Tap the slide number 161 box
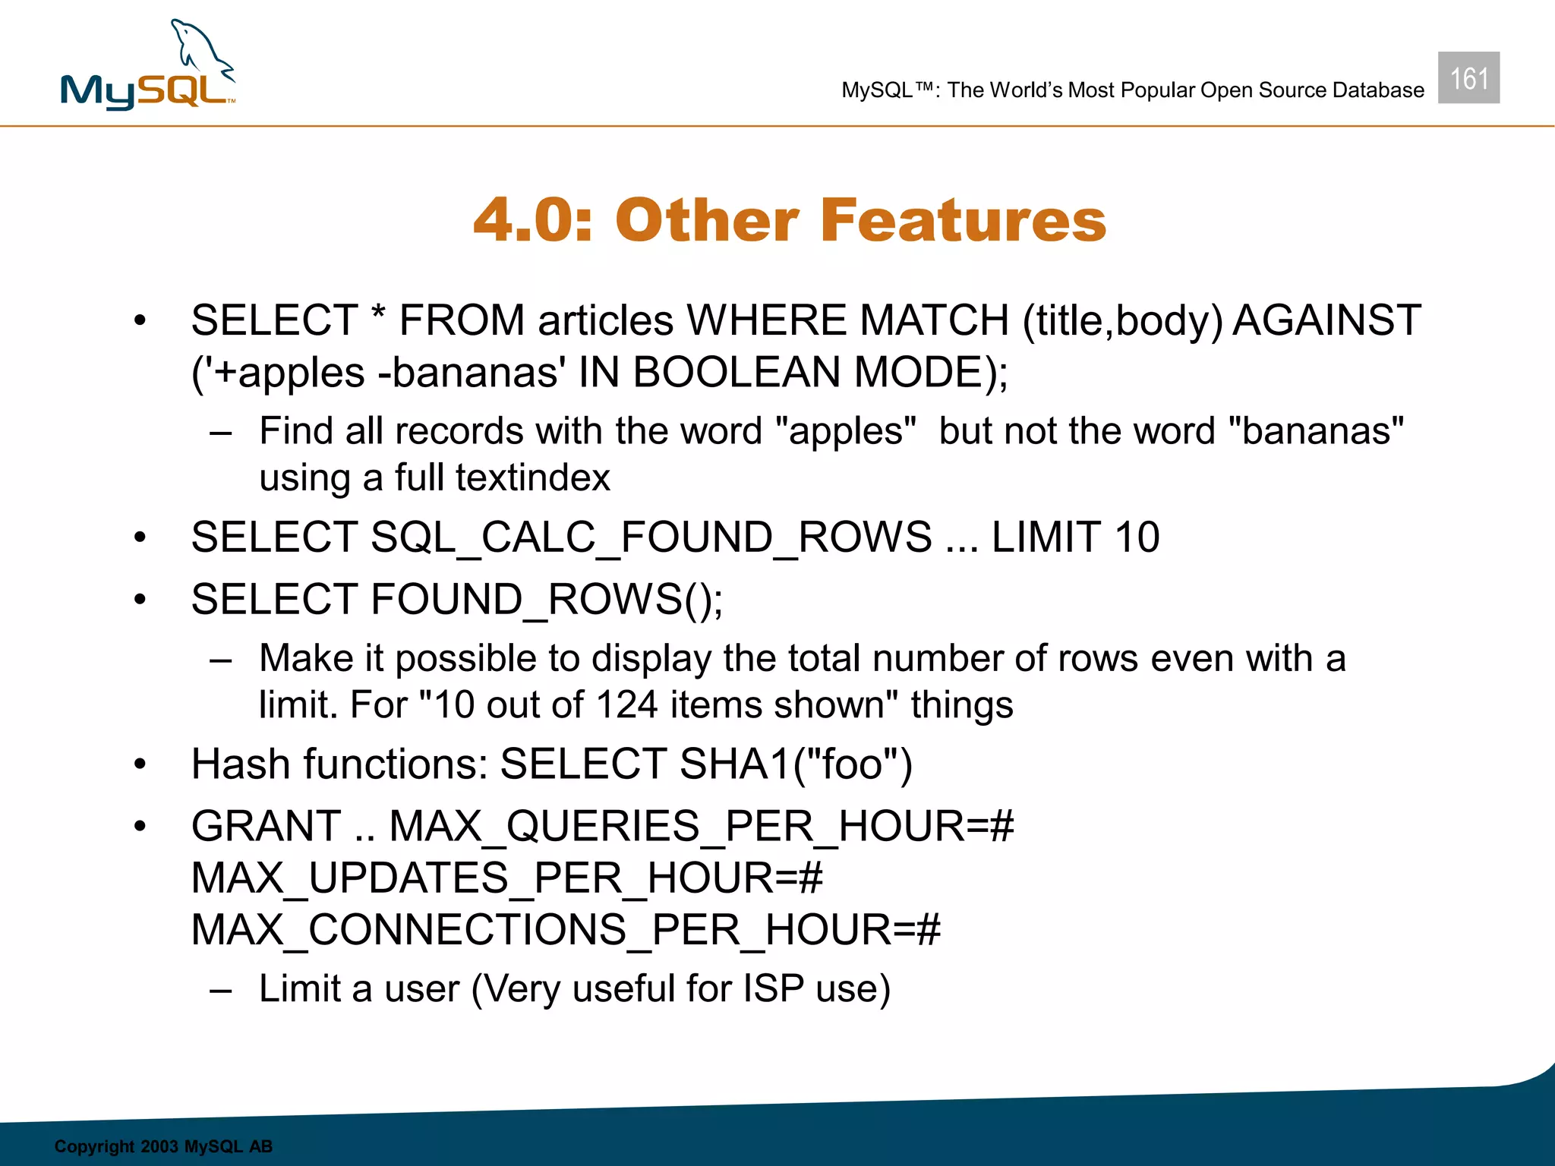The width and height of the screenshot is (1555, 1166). (1468, 78)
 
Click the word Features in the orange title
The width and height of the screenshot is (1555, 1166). (963, 220)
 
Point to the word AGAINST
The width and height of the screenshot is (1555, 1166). (1326, 320)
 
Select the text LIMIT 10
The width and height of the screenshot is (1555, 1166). (1075, 537)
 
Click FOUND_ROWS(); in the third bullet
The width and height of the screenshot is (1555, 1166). (547, 600)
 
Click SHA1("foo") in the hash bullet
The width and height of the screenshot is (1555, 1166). (796, 764)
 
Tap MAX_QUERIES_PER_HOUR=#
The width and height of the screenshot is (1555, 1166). (701, 826)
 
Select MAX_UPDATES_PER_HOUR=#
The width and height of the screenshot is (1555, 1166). (506, 878)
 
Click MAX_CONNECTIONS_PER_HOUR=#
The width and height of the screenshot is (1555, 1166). (566, 930)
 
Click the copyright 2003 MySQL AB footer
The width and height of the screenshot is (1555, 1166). (163, 1146)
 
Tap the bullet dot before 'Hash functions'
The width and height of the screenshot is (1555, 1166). (140, 764)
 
